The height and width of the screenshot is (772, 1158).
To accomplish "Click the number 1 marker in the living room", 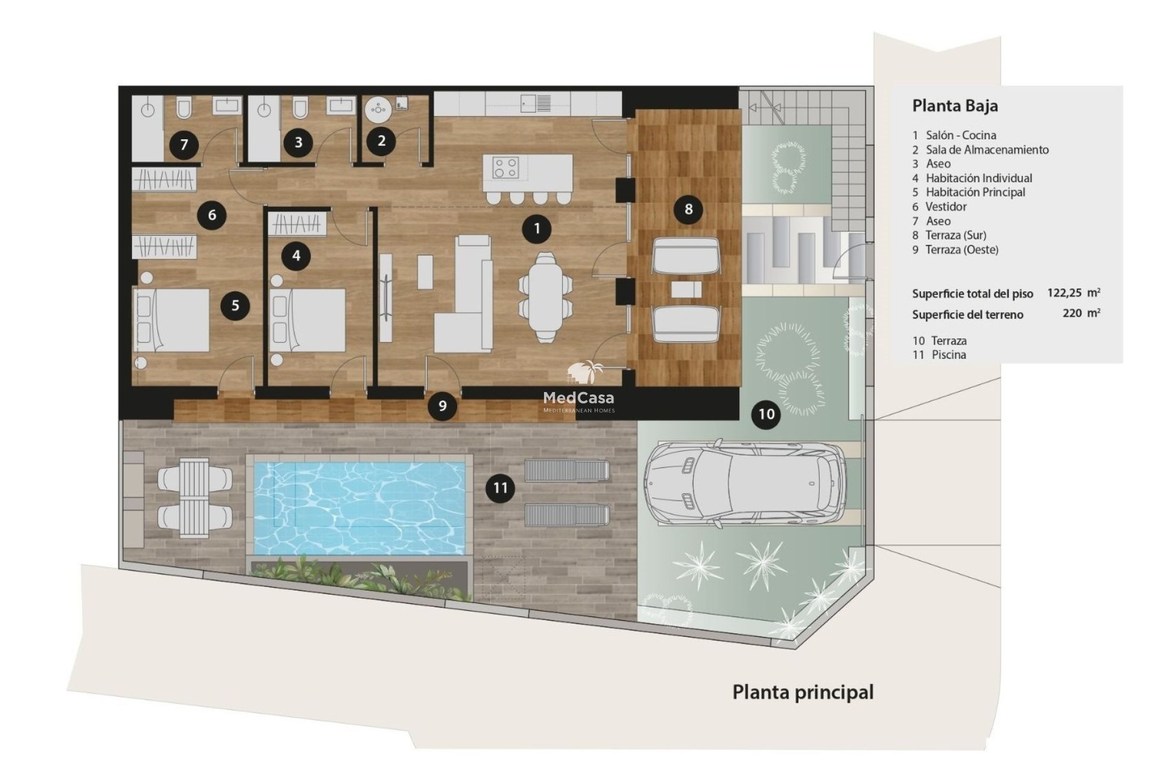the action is point(537,229).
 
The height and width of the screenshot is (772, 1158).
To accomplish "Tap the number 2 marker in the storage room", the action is point(381,141).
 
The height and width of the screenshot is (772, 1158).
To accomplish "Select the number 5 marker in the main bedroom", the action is point(235,305).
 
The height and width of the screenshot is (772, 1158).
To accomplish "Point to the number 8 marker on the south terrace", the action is point(688,209).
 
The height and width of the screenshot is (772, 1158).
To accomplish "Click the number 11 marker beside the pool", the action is point(501,487).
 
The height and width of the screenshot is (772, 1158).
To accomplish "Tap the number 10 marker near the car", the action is point(766,414).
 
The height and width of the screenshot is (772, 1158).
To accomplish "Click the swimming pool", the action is point(359,508).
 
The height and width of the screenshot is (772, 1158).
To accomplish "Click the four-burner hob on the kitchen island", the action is point(505,167).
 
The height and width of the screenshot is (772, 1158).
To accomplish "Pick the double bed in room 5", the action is point(172,320).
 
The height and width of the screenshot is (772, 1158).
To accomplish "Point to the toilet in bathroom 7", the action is point(185,108).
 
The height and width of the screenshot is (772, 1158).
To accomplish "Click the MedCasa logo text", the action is point(578,397).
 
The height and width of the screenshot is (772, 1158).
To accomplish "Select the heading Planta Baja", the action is point(955,106).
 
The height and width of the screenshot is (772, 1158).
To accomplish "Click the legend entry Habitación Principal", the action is point(976,192).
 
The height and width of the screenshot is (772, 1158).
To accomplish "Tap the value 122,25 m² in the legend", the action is point(1074,293).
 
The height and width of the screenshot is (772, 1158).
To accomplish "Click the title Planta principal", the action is point(803,692).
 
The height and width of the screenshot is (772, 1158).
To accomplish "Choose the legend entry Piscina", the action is point(949,355).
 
